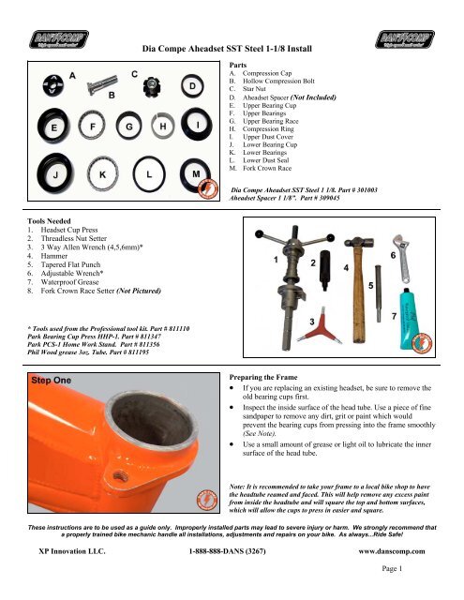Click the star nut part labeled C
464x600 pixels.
(152, 87)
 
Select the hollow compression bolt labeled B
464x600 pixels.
(102, 84)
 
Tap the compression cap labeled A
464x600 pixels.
(53, 85)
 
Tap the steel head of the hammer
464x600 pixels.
(358, 243)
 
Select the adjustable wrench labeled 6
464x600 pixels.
(401, 259)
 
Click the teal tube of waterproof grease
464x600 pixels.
(410, 320)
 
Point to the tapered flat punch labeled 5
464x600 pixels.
(378, 293)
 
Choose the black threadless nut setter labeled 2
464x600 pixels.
(324, 270)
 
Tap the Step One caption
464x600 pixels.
(51, 381)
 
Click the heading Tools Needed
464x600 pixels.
(49, 221)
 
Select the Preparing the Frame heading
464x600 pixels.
(263, 377)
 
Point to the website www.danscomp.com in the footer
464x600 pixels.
(391, 551)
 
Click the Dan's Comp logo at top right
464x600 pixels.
(405, 39)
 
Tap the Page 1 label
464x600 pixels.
(392, 569)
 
